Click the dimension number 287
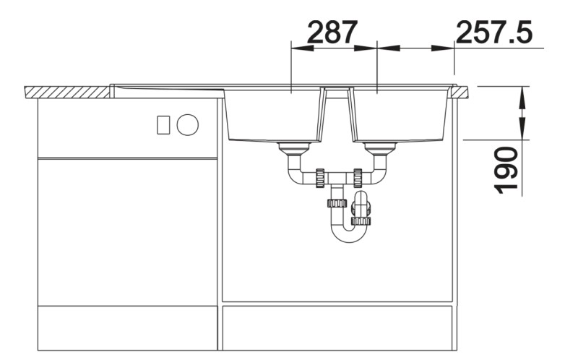332,32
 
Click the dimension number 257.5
494,32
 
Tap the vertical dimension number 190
505,170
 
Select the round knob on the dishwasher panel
188,124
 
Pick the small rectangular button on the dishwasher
163,124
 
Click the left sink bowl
275,115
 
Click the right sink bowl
401,115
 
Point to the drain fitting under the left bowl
294,149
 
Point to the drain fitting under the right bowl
380,149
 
